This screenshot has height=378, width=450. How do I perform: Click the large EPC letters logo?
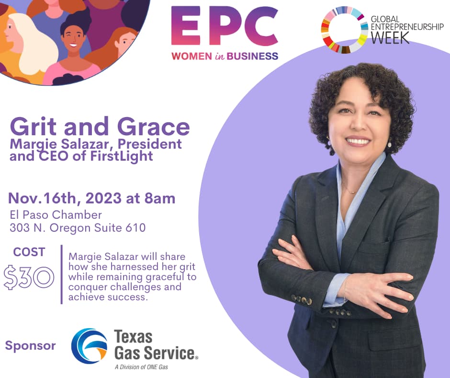[225, 26]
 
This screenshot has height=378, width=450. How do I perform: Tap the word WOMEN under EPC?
[192, 56]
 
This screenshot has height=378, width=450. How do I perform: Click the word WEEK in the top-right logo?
[390, 37]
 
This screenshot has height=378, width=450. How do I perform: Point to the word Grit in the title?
[33, 127]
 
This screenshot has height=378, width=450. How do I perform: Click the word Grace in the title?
[154, 127]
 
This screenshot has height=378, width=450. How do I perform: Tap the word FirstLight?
[122, 156]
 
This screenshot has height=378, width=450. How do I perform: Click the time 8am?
[159, 198]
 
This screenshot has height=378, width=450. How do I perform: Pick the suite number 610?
[135, 227]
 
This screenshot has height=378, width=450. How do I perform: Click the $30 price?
[29, 277]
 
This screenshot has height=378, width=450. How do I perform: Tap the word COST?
[29, 252]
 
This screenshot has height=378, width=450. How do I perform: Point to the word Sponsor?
[31, 345]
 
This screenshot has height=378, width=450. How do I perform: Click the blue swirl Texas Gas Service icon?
[89, 346]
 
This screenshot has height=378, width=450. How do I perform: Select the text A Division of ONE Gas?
[141, 367]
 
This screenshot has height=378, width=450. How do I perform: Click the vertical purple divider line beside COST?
[62, 274]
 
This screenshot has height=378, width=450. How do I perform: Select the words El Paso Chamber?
[56, 215]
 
